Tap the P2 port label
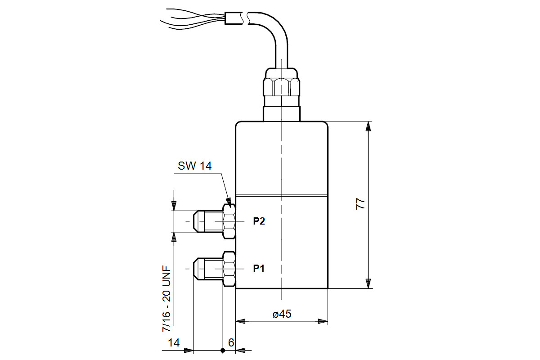coord(259,221)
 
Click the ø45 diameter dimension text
coord(282,314)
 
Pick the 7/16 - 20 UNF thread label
coord(166,298)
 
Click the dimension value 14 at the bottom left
coord(174,343)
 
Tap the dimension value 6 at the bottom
coord(231,343)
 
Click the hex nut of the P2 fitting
coord(229,221)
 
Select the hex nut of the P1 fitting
coord(229,269)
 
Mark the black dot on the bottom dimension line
coord(223,350)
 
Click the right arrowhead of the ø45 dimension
coord(323,321)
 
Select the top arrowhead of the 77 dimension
coord(369,126)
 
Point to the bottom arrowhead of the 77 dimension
coord(369,283)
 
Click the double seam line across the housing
coord(282,196)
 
